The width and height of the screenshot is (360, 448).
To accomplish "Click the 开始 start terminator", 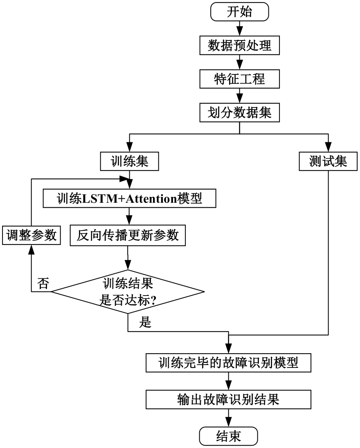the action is point(240,12).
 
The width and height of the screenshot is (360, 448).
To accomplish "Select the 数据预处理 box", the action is point(240,45).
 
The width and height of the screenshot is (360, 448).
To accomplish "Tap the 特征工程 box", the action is point(240,79).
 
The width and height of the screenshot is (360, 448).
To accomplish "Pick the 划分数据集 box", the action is point(240,112).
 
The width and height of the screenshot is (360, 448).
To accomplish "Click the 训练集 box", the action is point(130,161).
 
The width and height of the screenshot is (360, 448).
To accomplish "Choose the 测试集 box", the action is point(328,161).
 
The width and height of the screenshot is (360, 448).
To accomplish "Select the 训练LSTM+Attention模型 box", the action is point(130,198).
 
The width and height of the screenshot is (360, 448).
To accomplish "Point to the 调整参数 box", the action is point(32,235).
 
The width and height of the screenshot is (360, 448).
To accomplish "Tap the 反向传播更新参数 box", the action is point(128,235).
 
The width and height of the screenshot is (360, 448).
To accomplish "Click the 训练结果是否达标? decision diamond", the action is point(128,292).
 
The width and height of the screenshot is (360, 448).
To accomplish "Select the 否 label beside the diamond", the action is point(43,284).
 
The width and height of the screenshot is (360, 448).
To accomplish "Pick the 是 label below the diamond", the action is point(145,322).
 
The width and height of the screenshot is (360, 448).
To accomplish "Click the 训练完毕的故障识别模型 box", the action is point(228,363).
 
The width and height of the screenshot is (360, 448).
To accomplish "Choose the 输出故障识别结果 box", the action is point(228,399).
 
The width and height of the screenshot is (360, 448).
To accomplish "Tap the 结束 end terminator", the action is point(228,436).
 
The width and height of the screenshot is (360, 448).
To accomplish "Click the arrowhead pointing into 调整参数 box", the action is point(32,249).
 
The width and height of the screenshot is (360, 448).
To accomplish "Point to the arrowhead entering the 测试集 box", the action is point(328,148).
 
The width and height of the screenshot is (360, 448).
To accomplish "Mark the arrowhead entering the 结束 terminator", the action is point(228,422).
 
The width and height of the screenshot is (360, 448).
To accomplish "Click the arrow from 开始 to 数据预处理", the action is point(240,29).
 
